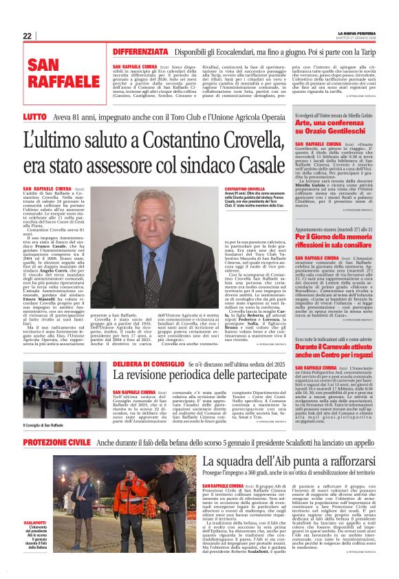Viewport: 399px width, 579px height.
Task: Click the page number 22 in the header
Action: (x=28, y=36)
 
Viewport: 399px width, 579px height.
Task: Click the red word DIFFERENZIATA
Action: (x=141, y=52)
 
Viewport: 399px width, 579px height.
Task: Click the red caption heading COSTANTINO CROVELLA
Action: (x=244, y=188)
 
